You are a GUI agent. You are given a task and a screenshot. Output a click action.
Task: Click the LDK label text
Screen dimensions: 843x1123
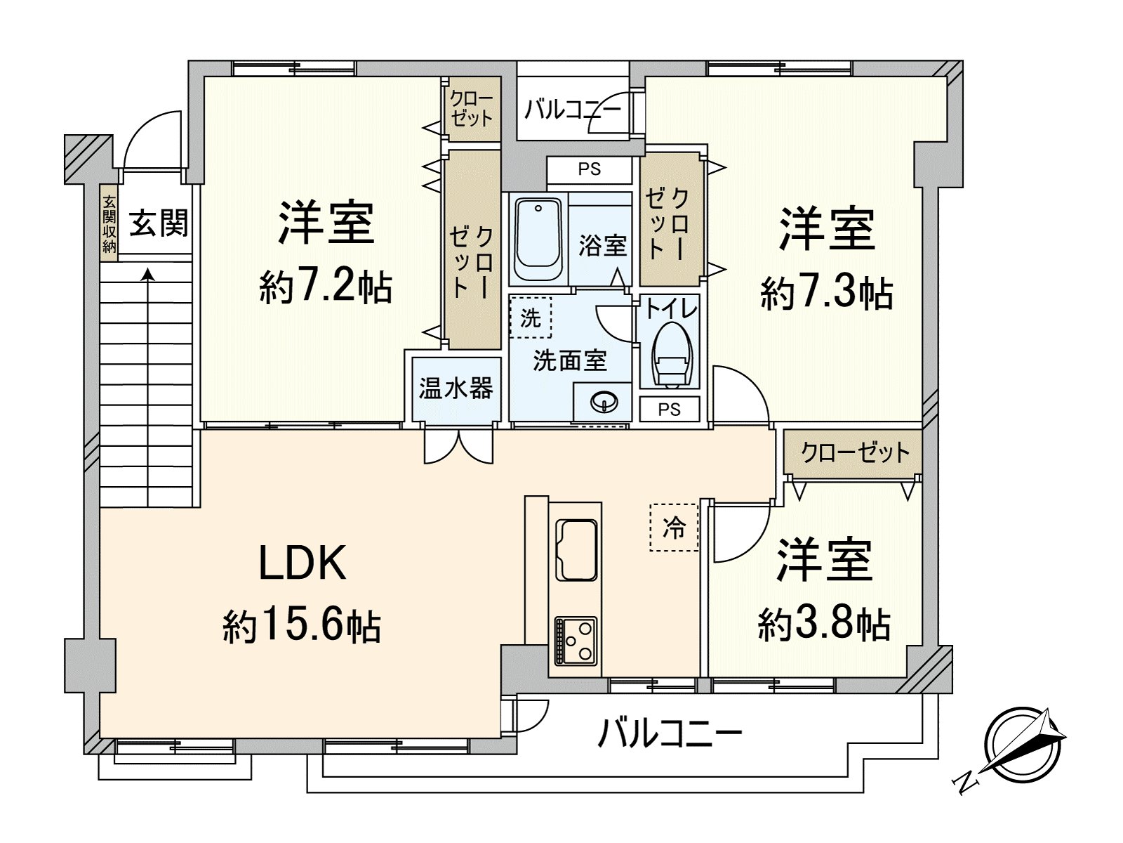(303, 563)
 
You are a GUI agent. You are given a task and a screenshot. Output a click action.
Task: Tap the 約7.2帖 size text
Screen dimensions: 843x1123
(325, 287)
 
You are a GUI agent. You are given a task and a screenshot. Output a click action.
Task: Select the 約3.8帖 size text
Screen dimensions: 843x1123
(824, 623)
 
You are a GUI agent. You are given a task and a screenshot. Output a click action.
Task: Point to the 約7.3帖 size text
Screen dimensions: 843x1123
(826, 293)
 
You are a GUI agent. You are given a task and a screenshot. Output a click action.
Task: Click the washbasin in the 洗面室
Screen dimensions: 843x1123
(604, 403)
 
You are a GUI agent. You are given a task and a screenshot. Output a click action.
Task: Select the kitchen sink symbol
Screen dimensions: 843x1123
(576, 550)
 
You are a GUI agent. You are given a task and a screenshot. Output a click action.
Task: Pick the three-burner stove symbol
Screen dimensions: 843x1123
(576, 639)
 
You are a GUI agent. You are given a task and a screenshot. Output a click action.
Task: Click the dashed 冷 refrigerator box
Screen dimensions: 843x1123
(674, 527)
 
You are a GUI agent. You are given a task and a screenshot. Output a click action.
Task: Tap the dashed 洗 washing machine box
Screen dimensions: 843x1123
(531, 318)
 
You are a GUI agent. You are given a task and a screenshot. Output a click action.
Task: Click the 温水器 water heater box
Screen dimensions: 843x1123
(456, 388)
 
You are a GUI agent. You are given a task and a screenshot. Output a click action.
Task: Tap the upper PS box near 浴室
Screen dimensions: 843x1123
(589, 169)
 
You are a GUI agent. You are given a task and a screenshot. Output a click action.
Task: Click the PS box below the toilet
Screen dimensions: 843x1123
(669, 409)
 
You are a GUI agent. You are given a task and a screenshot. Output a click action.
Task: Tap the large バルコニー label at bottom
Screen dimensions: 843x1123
(670, 735)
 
